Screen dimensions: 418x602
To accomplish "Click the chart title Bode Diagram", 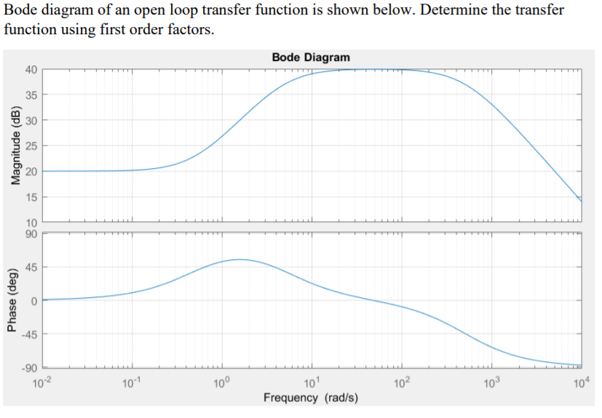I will click(x=311, y=57).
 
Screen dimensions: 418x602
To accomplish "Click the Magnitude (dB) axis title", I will click(x=12, y=146).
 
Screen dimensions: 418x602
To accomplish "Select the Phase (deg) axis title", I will click(x=12, y=299).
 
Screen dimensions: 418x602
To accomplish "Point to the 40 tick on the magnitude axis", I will click(x=31, y=70).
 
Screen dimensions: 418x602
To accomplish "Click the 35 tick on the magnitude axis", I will click(x=31, y=95).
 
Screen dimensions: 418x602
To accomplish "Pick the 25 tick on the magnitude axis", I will click(x=31, y=146).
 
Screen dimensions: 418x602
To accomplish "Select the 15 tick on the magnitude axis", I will click(x=31, y=197).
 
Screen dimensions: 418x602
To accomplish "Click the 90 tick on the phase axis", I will click(x=31, y=233).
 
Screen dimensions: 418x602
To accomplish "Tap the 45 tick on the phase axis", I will click(x=31, y=267).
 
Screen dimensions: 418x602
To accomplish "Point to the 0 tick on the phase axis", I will click(x=33, y=301).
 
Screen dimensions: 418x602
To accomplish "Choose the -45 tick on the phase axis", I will click(x=28, y=334).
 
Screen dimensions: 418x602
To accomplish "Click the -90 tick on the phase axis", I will click(x=28, y=367).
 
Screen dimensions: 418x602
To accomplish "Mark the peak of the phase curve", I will click(x=239, y=259).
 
